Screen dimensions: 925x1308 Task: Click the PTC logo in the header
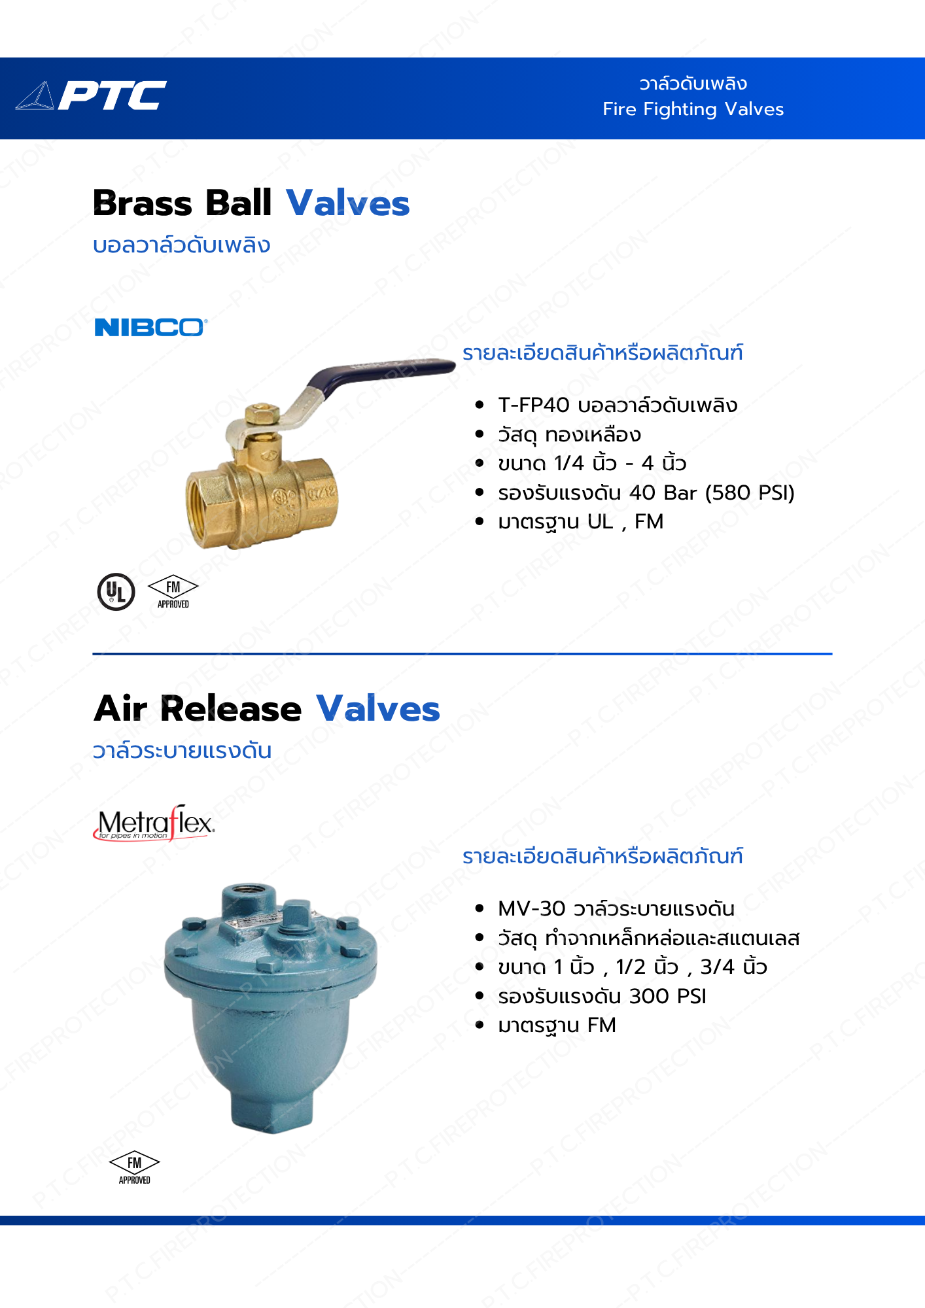pos(91,95)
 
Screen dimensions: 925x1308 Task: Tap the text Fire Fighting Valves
pos(693,109)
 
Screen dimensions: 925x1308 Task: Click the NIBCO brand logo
pos(151,327)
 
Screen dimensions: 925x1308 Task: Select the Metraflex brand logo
pos(154,823)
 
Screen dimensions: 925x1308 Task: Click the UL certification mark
pos(116,592)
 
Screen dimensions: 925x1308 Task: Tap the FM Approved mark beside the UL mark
pos(173,593)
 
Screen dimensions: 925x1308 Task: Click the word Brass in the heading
pos(143,203)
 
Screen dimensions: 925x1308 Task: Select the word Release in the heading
pos(231,709)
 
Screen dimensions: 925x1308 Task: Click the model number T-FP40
pos(534,405)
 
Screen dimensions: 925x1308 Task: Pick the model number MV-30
pos(531,908)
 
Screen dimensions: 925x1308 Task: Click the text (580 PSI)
pos(750,492)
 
